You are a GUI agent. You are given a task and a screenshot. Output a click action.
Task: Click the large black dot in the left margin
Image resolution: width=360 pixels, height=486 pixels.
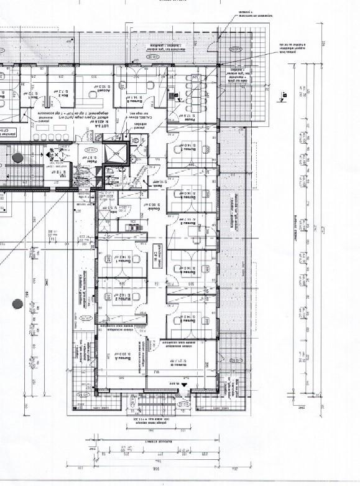(x=17, y=303)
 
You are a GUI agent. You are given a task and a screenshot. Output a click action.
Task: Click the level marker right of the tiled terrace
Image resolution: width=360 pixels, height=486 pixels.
(x=284, y=95)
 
